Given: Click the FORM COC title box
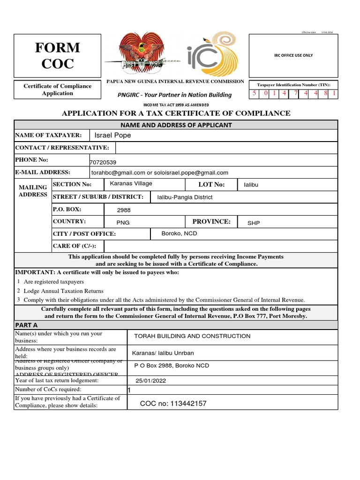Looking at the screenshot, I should point(58,55).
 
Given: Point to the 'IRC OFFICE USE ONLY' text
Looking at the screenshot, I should point(293,55).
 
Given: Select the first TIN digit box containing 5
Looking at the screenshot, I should point(255,93).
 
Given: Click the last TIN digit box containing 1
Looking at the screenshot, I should point(333,93).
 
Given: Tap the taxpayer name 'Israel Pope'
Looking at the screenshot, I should point(112,135).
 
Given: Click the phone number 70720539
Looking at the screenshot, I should point(103,162).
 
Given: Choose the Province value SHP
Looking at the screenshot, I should point(254,224).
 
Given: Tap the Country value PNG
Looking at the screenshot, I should point(123,224).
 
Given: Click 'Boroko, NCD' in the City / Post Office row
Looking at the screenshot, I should point(179,233).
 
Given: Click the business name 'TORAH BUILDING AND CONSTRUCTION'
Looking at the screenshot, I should point(192,336).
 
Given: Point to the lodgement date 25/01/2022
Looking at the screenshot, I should point(151,381).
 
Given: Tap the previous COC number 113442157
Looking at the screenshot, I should point(173,404).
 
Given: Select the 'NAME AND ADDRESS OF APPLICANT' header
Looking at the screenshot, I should point(176,125).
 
